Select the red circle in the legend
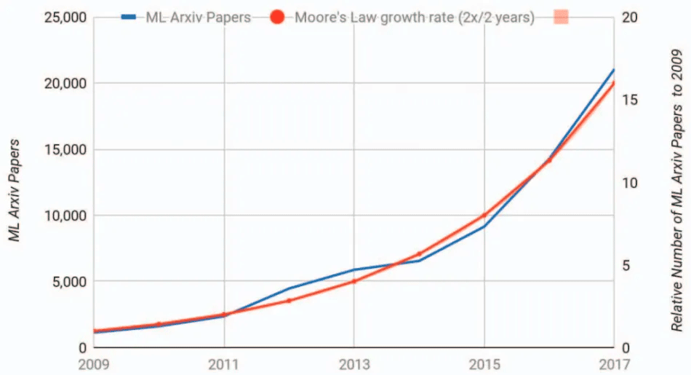pyautogui.click(x=277, y=17)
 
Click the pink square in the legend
pyautogui.click(x=559, y=17)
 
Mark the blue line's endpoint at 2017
pyautogui.click(x=614, y=70)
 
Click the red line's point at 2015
pyautogui.click(x=484, y=216)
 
